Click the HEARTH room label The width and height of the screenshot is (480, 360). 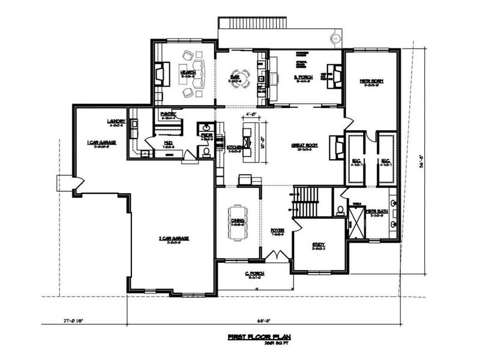click(188, 72)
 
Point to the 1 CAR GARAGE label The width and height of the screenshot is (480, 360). click(101, 142)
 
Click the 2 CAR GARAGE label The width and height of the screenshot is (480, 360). click(173, 238)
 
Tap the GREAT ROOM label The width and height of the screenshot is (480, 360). click(304, 145)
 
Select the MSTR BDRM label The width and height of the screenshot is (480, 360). click(372, 80)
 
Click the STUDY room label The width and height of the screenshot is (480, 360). click(319, 244)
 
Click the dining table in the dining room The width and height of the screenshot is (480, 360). click(236, 222)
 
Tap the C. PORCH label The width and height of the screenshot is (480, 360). click(254, 274)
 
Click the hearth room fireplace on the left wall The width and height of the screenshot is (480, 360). click(160, 75)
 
